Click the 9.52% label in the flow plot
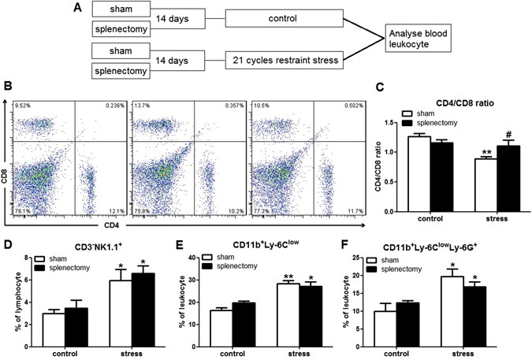22,106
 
